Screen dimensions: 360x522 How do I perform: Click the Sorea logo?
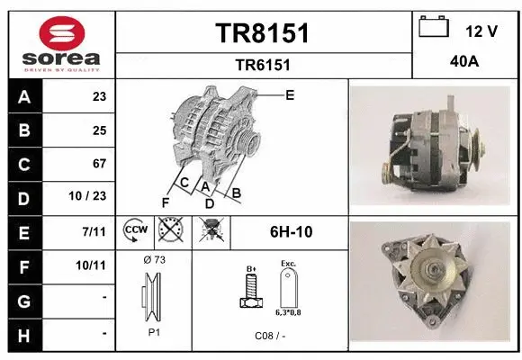[x=61, y=43]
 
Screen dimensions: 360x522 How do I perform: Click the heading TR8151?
[x=263, y=33]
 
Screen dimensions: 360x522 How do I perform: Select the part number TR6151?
[x=262, y=64]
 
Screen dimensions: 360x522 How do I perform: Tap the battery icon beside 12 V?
[x=434, y=28]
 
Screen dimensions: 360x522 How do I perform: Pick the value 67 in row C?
[x=99, y=164]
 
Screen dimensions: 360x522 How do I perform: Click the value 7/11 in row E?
[x=94, y=231]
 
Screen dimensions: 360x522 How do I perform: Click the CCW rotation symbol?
[x=135, y=231]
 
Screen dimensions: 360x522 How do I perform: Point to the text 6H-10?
[x=291, y=231]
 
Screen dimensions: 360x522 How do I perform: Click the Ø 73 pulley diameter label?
[x=154, y=259]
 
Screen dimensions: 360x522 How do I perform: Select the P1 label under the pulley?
[x=154, y=330]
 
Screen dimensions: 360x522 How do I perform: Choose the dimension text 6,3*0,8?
[x=288, y=312]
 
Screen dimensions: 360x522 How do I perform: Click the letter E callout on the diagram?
[x=289, y=94]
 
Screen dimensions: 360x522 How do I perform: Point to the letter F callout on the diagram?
[x=165, y=202]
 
